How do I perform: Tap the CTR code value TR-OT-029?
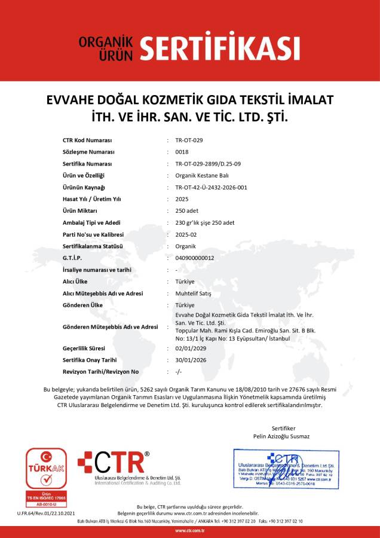[189, 140]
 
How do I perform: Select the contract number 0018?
[182, 152]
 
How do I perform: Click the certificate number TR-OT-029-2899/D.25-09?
[208, 163]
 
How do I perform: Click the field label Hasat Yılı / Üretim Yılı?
[92, 199]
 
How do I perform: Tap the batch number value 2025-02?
[186, 234]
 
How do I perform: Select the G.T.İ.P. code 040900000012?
[195, 258]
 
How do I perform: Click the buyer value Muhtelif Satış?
[194, 294]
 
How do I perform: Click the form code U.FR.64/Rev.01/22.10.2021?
[42, 513]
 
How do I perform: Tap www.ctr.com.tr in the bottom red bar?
[190, 531]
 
